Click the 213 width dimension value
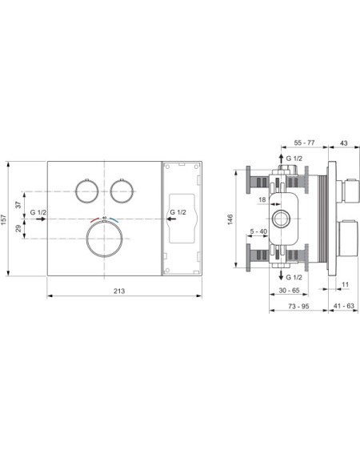coord(119,291)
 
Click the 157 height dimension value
coord(3,219)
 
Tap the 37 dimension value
coord(18,205)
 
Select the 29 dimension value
coord(18,228)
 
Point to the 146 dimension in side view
coord(230,219)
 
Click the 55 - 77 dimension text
coord(304,143)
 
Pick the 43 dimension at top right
coord(344,143)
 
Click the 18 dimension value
coord(262,199)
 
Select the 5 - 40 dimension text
coord(258,231)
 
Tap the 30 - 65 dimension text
coord(289,290)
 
